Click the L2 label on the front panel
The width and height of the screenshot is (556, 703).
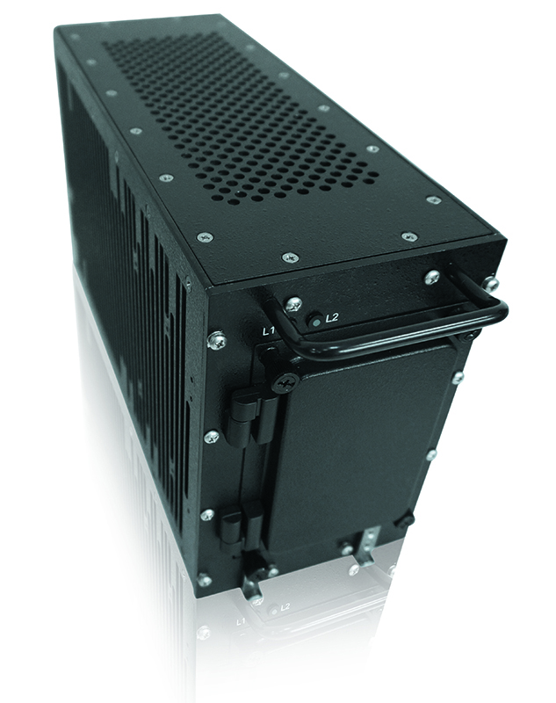pos(332,318)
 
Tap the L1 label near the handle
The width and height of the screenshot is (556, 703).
pos(269,332)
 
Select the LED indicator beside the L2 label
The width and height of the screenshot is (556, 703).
pos(316,322)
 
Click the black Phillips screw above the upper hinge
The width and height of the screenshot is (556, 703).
pos(285,382)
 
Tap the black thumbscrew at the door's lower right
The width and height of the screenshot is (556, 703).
pos(406,521)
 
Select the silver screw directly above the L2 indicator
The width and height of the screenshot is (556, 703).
pos(294,304)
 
